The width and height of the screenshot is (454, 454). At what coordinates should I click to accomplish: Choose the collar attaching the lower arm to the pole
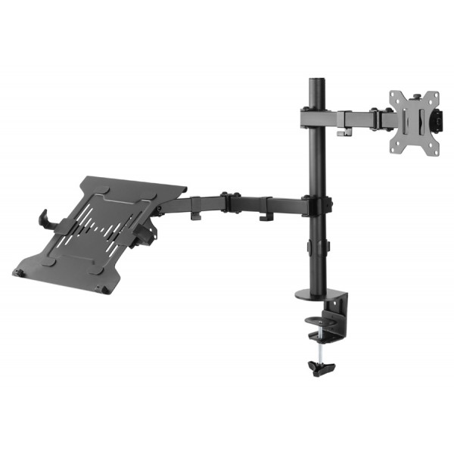[316, 205]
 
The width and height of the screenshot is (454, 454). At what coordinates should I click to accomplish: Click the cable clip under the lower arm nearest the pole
[266, 216]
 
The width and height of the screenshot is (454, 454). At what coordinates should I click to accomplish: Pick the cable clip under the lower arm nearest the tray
[195, 215]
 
